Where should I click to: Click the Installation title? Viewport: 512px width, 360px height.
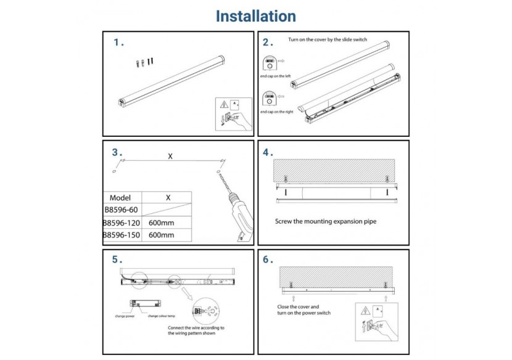tap(255, 16)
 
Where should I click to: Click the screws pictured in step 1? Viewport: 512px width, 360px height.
tap(144, 62)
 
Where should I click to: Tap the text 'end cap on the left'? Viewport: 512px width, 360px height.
tap(276, 76)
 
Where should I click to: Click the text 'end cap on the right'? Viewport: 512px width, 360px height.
tap(276, 112)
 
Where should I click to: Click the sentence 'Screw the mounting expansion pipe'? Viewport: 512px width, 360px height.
tap(325, 221)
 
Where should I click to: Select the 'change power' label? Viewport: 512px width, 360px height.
tap(124, 316)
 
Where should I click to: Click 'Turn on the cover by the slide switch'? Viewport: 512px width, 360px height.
tap(328, 39)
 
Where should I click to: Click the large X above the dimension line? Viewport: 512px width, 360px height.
tap(170, 156)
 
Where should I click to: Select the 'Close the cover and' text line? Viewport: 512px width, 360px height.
tap(298, 306)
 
